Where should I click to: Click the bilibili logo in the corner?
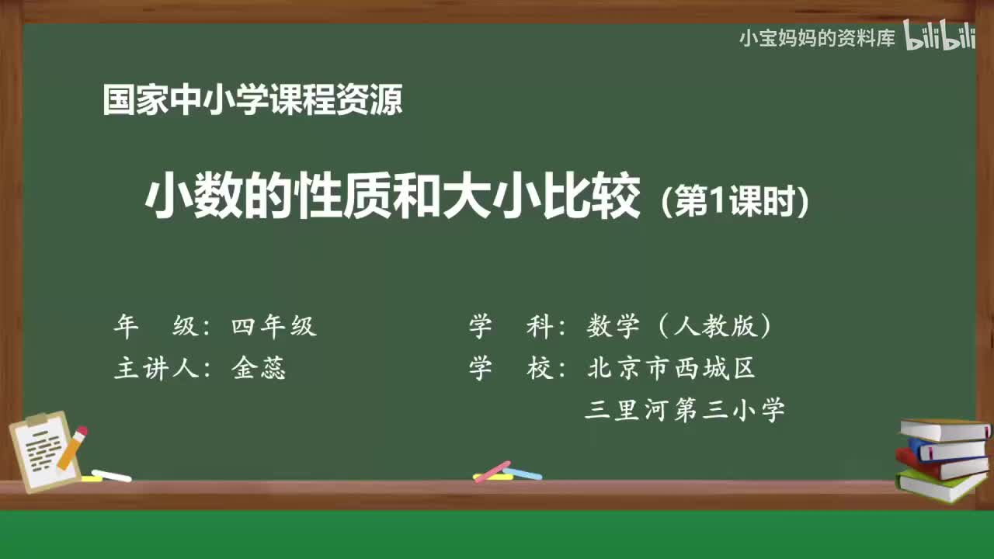939,36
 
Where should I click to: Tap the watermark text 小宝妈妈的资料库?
817,38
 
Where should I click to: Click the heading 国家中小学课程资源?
252,100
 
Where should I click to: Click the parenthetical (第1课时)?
735,203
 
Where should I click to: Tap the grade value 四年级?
273,327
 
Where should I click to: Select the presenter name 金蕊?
259,368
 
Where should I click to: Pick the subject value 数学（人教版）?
679,327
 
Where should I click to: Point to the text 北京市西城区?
671,368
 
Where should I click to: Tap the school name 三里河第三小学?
684,410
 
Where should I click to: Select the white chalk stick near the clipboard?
111,475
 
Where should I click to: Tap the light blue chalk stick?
523,473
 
